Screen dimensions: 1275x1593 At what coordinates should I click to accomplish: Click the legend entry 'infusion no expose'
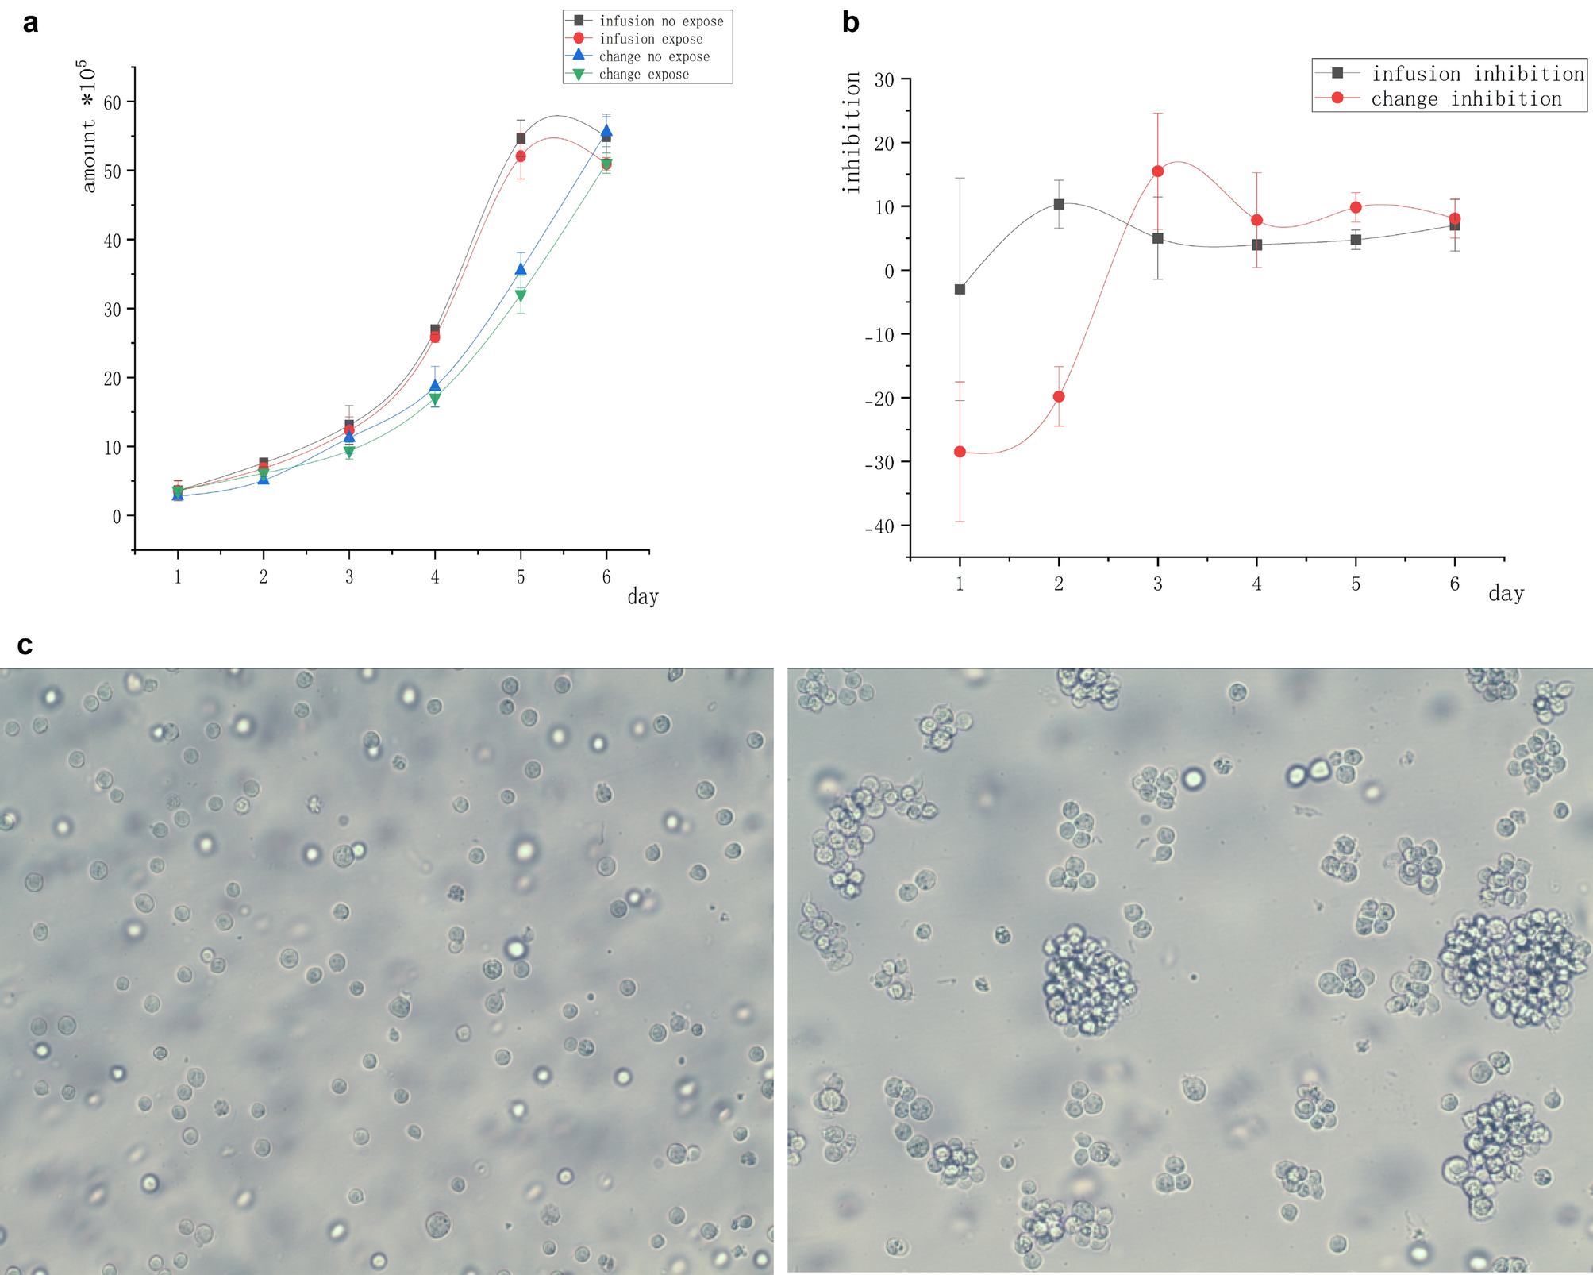pos(661,21)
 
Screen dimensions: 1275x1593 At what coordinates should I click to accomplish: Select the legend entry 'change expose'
pos(644,75)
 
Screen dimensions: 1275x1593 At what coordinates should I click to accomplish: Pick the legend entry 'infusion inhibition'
pos(1477,74)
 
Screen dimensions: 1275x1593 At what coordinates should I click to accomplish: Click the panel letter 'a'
pos(30,24)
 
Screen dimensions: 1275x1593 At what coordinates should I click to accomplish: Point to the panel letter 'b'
pos(850,23)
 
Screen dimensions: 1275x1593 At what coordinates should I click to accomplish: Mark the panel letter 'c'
pos(25,645)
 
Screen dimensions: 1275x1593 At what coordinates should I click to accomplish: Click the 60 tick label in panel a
pos(113,102)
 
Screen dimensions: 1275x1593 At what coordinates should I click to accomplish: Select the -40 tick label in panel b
pos(879,526)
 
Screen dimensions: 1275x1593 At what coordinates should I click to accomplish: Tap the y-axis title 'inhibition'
pos(852,133)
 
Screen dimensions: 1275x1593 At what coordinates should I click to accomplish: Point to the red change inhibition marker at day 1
pos(960,452)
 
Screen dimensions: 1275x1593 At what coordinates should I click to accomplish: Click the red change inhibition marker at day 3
pos(1157,171)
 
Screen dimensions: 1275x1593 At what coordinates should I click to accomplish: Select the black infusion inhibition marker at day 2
pos(1059,204)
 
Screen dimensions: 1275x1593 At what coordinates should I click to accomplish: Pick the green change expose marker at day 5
pos(521,295)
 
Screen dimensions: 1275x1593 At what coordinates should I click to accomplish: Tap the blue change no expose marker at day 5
pos(521,269)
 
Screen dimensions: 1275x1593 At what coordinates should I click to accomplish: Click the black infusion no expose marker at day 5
pos(521,138)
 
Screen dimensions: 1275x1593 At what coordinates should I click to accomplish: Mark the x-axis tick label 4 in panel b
pos(1256,584)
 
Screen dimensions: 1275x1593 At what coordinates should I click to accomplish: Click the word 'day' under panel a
pos(642,597)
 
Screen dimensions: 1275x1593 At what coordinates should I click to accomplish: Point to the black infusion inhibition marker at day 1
pos(960,289)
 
